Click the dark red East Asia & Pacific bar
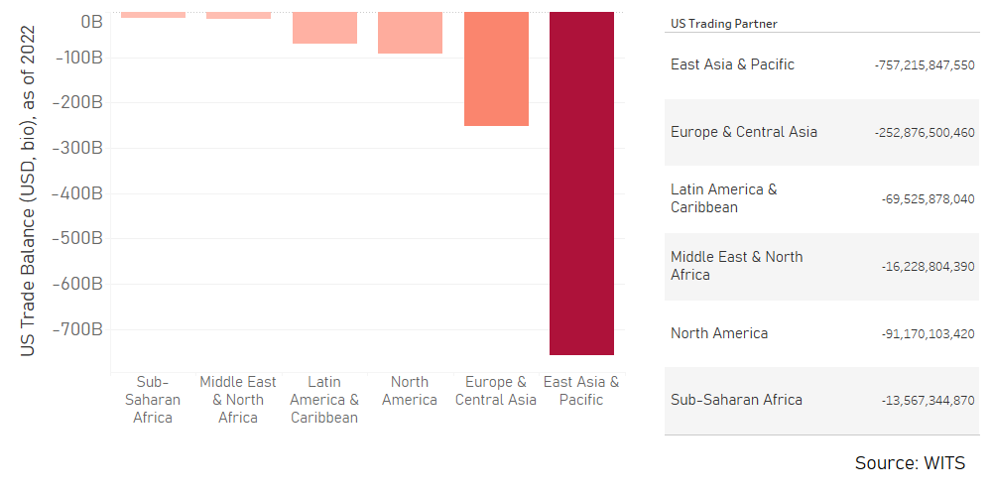click(581, 184)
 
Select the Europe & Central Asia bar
click(496, 69)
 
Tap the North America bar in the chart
click(410, 33)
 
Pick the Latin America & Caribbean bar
click(324, 28)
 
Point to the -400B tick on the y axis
click(78, 193)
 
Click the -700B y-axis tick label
click(78, 329)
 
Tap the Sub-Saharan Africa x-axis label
click(153, 400)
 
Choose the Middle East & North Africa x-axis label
click(238, 400)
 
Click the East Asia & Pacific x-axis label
click(581, 391)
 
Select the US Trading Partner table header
click(723, 23)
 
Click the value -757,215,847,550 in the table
click(925, 65)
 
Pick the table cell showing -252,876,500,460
click(925, 133)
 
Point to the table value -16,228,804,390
click(928, 267)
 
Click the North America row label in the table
click(718, 333)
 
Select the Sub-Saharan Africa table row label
click(736, 401)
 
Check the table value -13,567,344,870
click(928, 401)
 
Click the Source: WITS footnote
click(909, 463)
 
